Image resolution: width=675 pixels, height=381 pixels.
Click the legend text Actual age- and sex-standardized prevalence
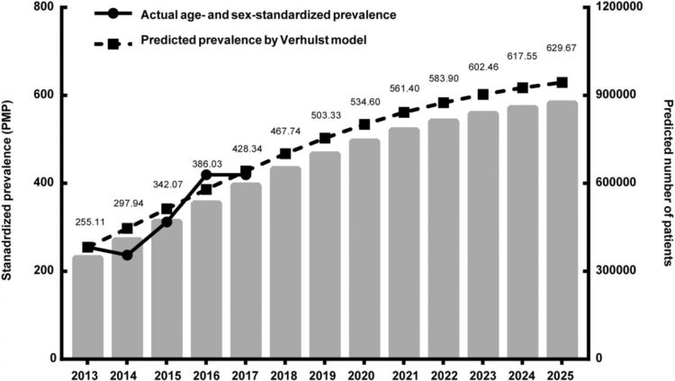click(x=257, y=15)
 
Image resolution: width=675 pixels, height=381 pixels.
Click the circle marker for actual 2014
click(x=127, y=255)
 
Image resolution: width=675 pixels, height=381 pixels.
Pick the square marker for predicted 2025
click(x=562, y=83)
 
